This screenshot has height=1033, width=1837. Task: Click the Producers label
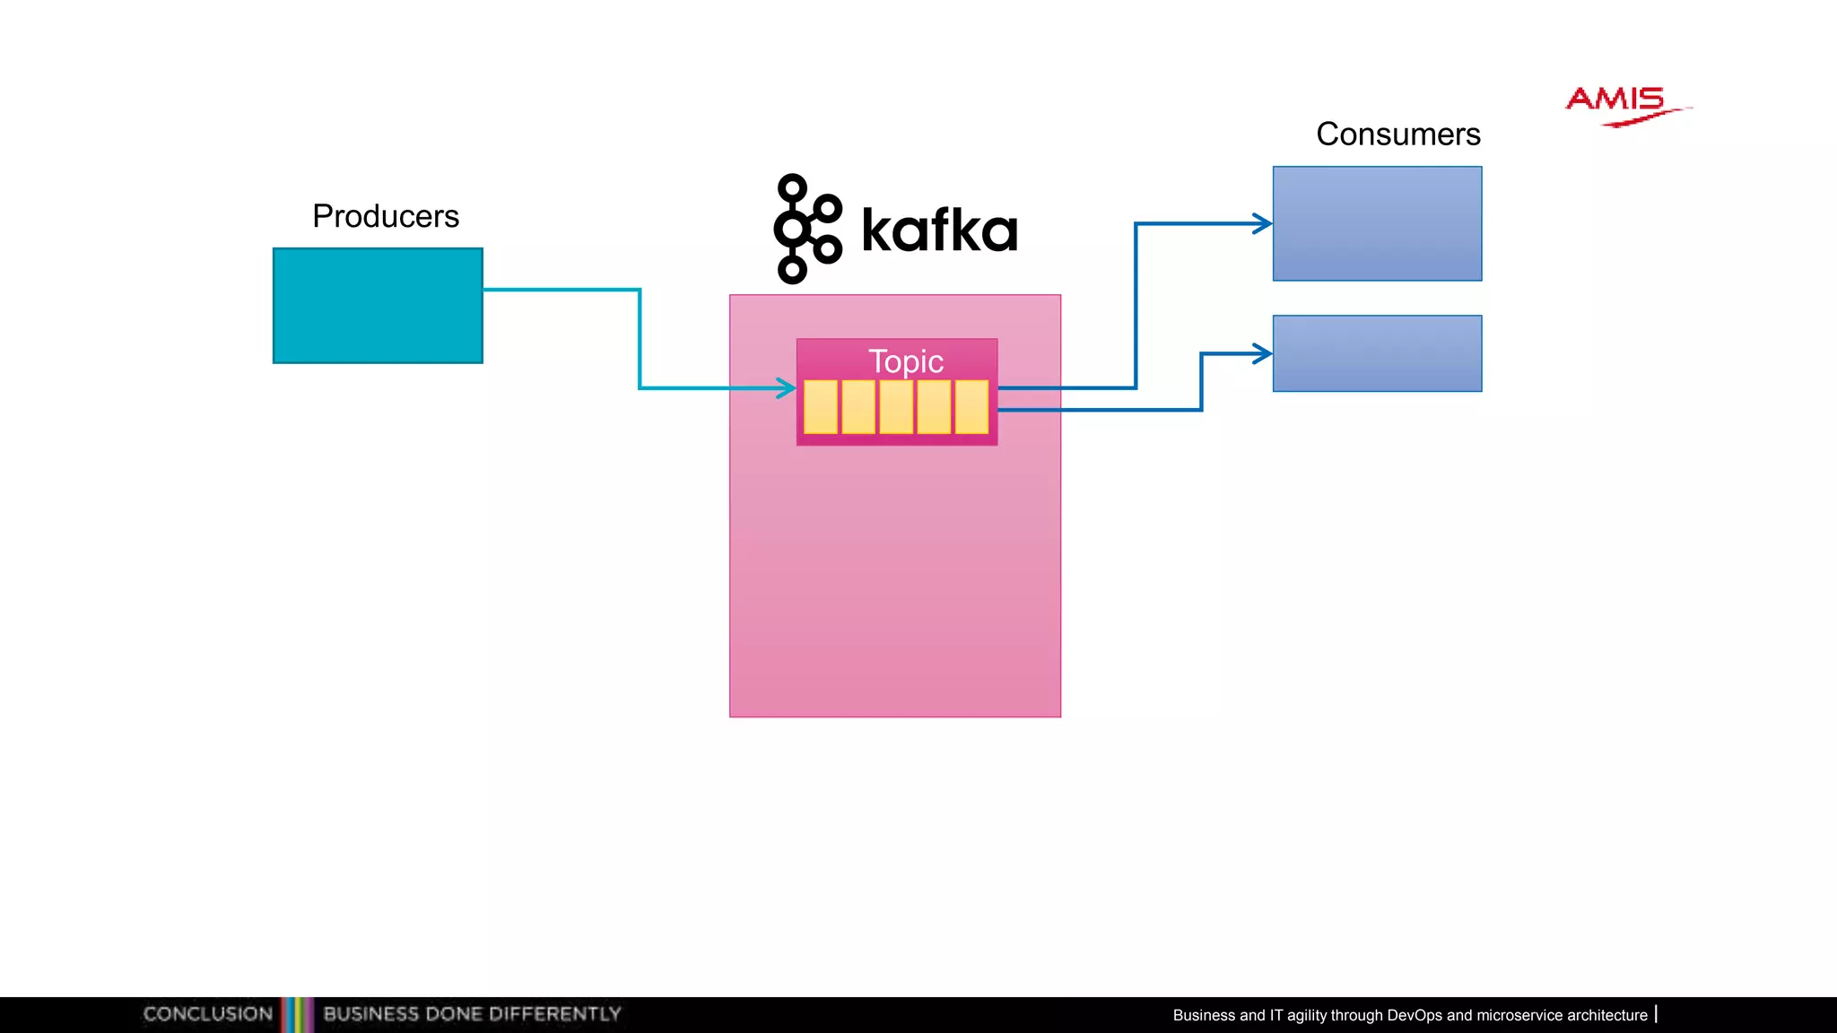coord(386,216)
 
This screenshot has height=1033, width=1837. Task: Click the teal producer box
coord(378,306)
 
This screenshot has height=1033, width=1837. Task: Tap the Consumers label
coord(1397,135)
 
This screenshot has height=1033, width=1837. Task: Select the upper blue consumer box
coord(1377,223)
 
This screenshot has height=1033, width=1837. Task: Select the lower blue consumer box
coord(1377,353)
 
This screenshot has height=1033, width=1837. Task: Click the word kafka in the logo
coord(939,230)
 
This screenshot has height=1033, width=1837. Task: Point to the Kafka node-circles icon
coord(805,229)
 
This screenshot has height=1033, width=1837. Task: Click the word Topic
coord(905,361)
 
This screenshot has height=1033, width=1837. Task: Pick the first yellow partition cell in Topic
coord(821,407)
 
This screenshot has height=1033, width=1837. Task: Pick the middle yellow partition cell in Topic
coord(896,407)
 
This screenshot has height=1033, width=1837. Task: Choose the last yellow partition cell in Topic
coord(971,407)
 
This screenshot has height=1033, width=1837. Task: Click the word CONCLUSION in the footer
coord(207,1014)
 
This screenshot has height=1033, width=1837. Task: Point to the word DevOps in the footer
coord(1414,1015)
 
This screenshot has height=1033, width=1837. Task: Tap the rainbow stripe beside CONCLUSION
coord(298,1014)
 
